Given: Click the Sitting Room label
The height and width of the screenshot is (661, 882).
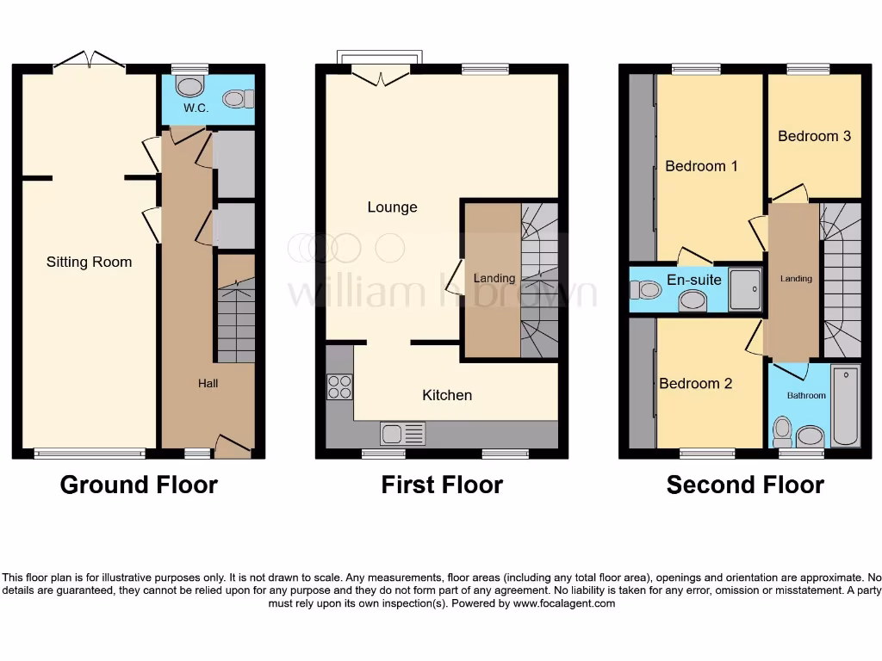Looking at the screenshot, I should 89,262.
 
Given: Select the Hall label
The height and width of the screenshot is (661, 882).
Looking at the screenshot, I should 208,383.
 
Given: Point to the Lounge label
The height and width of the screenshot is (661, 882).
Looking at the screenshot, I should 392,207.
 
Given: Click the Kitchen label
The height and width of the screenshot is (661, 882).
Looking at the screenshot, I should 447,395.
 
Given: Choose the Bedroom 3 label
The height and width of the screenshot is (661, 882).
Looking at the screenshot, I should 814,136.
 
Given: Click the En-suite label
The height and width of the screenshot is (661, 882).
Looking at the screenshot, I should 694,280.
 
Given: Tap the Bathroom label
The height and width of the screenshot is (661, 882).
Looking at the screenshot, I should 806,396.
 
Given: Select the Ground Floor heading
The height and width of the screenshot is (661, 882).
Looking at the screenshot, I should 139,485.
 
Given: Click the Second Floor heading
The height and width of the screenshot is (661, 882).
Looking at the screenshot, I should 745,485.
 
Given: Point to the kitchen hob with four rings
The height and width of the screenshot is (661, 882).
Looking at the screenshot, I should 339,387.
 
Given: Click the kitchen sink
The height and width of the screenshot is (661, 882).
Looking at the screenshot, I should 402,433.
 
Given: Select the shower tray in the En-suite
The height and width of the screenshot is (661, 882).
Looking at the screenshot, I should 745,290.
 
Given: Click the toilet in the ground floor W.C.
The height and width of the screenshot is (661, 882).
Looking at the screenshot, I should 187,86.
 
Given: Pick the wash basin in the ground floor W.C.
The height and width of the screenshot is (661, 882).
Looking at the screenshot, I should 236,99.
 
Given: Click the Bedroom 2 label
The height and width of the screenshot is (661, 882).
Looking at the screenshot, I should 695,384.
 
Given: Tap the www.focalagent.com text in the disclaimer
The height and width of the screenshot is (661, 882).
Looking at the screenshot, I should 564,603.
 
